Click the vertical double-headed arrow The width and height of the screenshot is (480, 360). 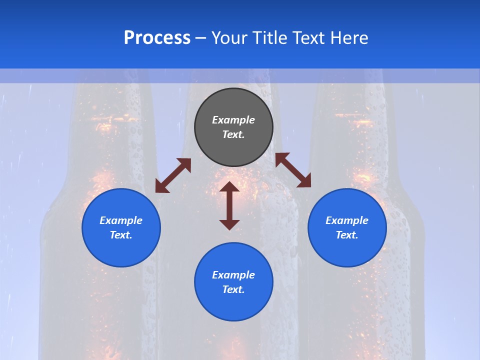coord(229,205)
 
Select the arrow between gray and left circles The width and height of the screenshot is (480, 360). coord(173,175)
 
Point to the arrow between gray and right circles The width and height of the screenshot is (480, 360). coord(293,170)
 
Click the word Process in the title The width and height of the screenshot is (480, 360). coord(157,38)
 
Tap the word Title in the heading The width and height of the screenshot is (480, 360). coord(268,38)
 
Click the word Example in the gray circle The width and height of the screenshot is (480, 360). coord(233,120)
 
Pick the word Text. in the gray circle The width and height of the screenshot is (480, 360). coord(233,134)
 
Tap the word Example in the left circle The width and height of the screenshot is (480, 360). coord(121,220)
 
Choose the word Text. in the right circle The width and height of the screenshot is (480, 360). coord(347,235)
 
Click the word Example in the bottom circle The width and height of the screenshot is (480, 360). coord(233,275)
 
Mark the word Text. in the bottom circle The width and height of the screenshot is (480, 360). coord(233,289)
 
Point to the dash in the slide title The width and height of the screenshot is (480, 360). coord(201,38)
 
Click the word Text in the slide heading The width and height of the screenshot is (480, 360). coord(308,38)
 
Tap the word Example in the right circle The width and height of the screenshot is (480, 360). coord(347,220)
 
